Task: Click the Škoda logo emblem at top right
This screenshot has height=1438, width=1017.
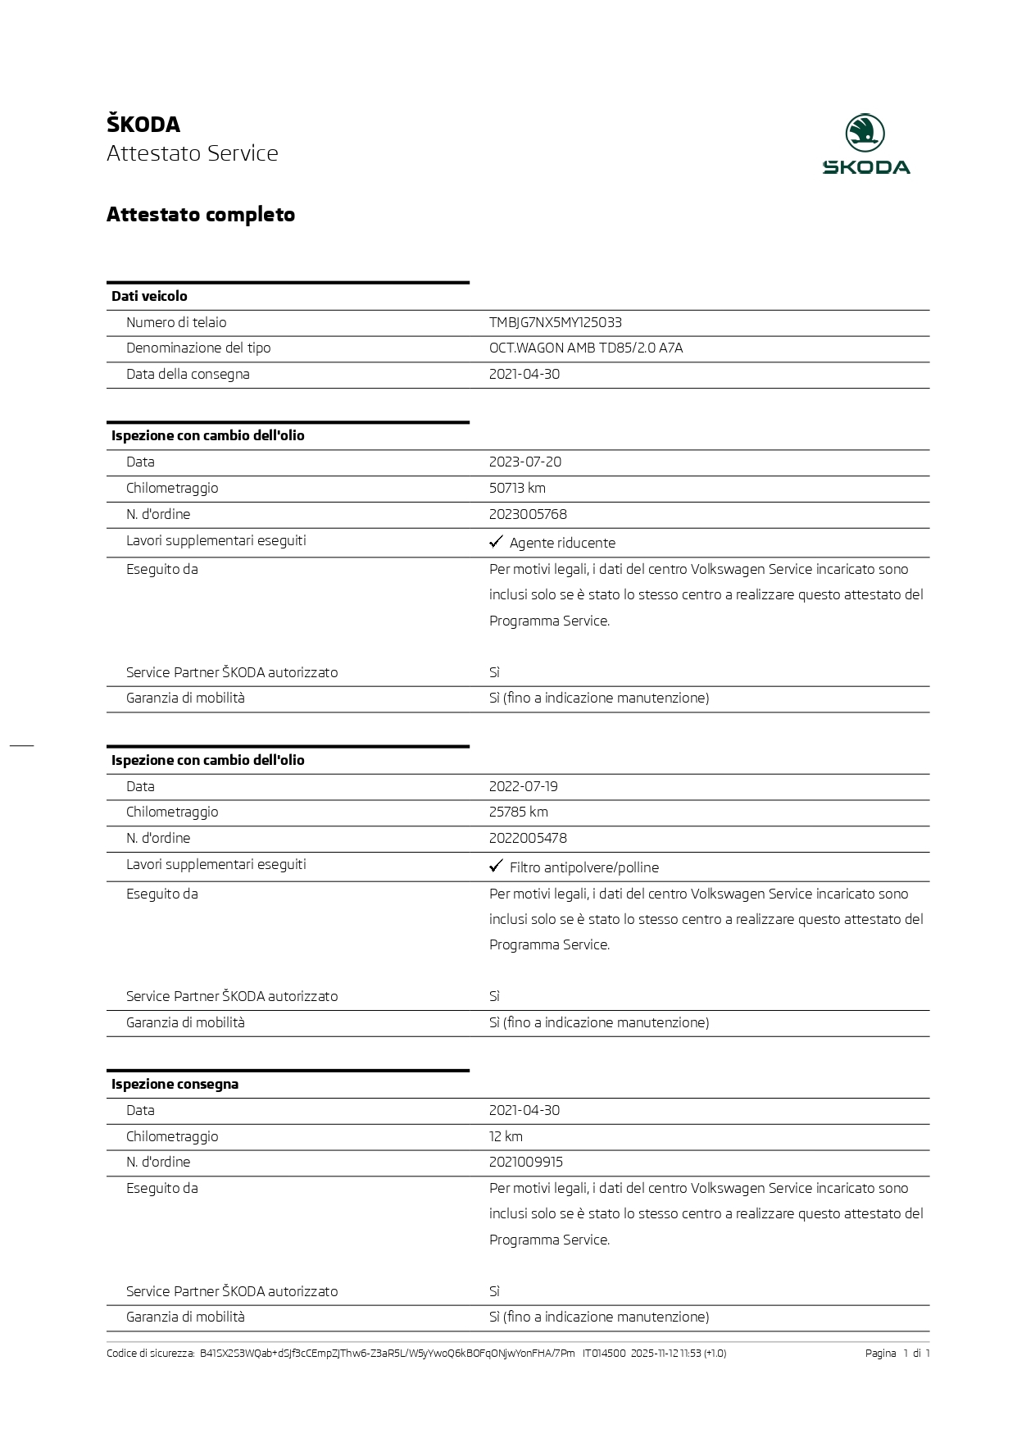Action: pyautogui.click(x=865, y=133)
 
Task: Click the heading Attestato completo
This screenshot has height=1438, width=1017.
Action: pyautogui.click(x=201, y=215)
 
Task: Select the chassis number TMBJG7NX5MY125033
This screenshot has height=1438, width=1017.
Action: pyautogui.click(x=555, y=322)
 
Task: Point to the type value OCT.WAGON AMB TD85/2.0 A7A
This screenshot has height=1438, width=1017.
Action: pyautogui.click(x=585, y=348)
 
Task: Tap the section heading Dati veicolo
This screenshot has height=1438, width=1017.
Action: pyautogui.click(x=149, y=296)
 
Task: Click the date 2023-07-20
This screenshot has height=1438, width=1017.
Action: pyautogui.click(x=524, y=462)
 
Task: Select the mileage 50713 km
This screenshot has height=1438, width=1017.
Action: pyautogui.click(x=517, y=488)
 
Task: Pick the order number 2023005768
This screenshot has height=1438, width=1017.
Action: pyautogui.click(x=528, y=514)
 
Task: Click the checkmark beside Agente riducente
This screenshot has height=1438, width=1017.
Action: pyautogui.click(x=496, y=542)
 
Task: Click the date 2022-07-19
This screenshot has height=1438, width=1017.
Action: pyautogui.click(x=523, y=786)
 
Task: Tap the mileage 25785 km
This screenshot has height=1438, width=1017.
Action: pyautogui.click(x=518, y=812)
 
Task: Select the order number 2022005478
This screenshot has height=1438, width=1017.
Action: pyautogui.click(x=528, y=838)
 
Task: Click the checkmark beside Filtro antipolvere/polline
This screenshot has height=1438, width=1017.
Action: pyautogui.click(x=496, y=866)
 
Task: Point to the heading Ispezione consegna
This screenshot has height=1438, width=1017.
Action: pyautogui.click(x=175, y=1084)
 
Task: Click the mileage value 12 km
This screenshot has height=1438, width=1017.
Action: pyautogui.click(x=506, y=1136)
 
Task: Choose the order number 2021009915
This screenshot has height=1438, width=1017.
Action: pyautogui.click(x=525, y=1162)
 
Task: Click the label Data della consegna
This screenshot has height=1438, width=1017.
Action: pyautogui.click(x=188, y=374)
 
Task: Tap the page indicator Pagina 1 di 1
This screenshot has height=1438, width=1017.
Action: pyautogui.click(x=897, y=1354)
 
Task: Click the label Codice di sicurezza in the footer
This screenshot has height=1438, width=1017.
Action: pyautogui.click(x=151, y=1354)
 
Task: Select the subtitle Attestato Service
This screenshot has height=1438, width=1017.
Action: pyautogui.click(x=193, y=153)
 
